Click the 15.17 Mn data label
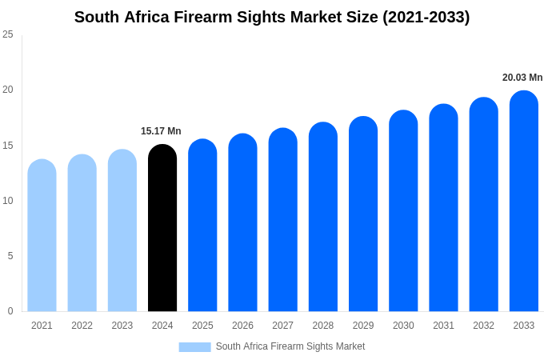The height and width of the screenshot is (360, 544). [161, 131]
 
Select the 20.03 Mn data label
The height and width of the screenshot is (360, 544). [522, 78]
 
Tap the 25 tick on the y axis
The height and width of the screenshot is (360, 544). [8, 34]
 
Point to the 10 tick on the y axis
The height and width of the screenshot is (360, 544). [8, 201]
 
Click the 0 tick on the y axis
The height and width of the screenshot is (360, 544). [10, 311]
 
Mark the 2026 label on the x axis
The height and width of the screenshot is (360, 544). [242, 326]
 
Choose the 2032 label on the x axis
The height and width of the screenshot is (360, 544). [483, 326]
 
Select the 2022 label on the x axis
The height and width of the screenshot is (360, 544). [82, 326]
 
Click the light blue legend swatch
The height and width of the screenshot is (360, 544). [194, 347]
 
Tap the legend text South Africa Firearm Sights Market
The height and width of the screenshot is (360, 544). [290, 346]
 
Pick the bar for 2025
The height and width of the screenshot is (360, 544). [202, 226]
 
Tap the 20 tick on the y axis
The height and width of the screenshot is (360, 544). [8, 90]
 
